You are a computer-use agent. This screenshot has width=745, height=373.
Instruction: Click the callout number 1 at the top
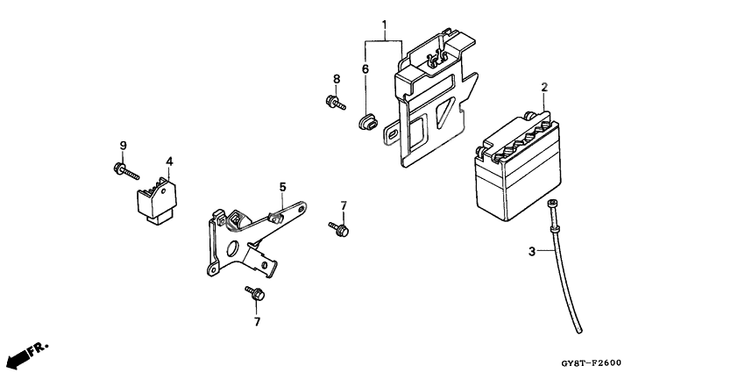coord(383,24)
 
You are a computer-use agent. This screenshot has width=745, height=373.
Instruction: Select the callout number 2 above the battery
coord(544,88)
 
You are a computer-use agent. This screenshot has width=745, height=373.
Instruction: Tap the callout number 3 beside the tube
coord(531,253)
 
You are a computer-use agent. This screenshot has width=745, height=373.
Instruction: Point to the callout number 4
coord(169,161)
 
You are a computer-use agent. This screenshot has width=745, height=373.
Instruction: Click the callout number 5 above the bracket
coord(282,187)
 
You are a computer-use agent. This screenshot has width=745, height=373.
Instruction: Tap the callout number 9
coord(123,145)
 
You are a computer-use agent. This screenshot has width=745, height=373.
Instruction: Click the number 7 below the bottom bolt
coord(258,322)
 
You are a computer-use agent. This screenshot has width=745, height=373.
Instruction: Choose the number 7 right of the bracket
coord(344,205)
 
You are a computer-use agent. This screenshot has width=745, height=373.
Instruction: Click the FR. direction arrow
coord(25,353)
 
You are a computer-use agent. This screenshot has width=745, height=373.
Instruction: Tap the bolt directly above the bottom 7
coord(255,293)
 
